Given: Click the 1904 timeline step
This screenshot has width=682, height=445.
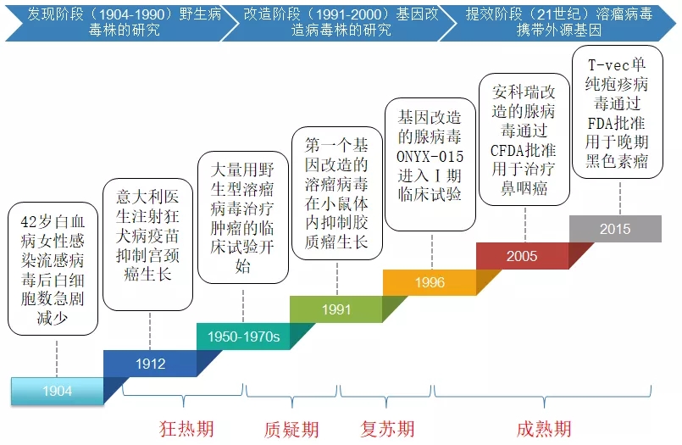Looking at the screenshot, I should [x=57, y=391].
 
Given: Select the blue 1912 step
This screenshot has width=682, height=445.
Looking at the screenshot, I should [x=151, y=364].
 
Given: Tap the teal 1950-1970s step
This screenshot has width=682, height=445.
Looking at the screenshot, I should [x=243, y=337].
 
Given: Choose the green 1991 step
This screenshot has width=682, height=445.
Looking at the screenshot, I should [x=336, y=309].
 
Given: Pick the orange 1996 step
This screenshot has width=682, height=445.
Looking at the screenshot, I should [x=430, y=282].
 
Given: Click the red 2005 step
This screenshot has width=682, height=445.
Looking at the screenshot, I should [x=522, y=256].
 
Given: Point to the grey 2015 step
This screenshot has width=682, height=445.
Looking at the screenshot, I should [x=615, y=229].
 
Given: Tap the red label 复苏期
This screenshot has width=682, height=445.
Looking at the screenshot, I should [x=387, y=428].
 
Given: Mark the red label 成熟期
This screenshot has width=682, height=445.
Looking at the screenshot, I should [x=544, y=429].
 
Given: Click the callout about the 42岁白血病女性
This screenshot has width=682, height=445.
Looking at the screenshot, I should [x=53, y=270].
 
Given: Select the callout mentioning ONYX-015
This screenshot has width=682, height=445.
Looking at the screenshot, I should [x=430, y=164].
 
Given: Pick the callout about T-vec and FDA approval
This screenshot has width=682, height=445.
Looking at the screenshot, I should [x=617, y=112].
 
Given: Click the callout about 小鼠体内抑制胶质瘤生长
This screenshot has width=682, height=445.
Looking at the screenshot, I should [x=336, y=192].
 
